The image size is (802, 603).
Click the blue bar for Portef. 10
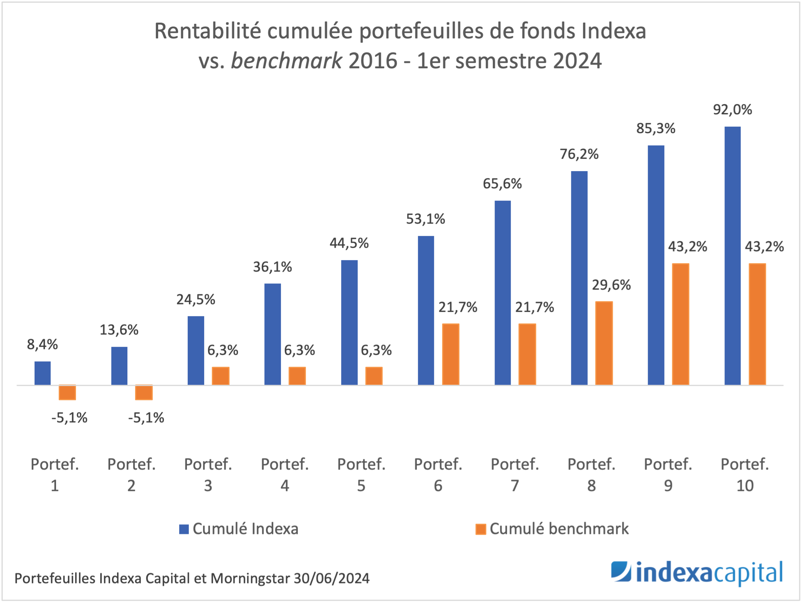(732, 255)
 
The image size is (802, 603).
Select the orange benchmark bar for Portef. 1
(67, 392)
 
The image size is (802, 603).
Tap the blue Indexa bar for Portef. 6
(426, 310)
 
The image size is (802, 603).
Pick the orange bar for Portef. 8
(604, 343)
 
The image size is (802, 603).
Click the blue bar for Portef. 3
(196, 350)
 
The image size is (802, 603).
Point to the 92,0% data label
(732, 110)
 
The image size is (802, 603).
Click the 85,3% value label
(655, 129)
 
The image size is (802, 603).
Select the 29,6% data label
(611, 285)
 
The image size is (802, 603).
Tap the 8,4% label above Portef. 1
(42, 344)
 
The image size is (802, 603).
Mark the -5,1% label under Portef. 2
(146, 418)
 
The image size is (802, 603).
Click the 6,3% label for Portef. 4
(299, 350)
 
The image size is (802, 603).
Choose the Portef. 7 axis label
(515, 474)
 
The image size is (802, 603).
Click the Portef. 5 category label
(361, 474)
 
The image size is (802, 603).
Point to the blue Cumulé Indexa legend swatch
(184, 529)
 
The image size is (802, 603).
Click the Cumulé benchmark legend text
(559, 529)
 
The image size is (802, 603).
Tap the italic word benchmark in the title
(286, 61)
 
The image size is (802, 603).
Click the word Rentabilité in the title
(207, 31)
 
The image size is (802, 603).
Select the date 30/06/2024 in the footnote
(331, 578)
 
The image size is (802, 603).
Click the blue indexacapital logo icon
(620, 572)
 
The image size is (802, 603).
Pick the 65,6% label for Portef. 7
(502, 184)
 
